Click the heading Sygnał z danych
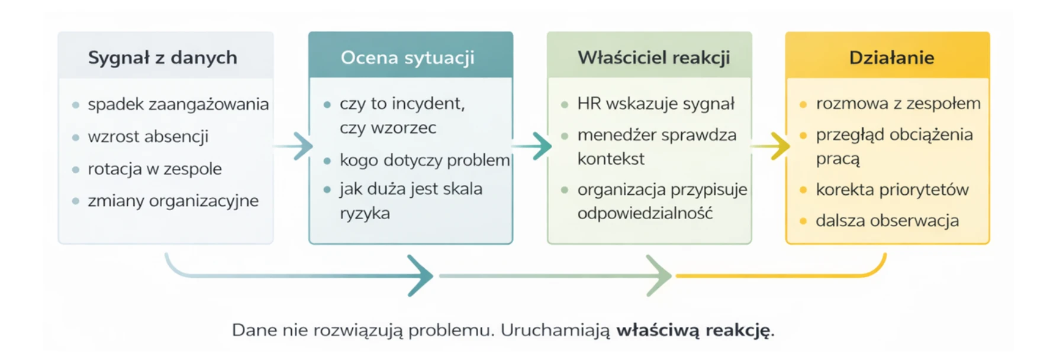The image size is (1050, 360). [x=162, y=57]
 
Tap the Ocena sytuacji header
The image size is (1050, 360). [x=407, y=57]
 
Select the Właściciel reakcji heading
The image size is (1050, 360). [x=653, y=57]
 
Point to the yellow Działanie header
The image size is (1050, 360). [x=891, y=57]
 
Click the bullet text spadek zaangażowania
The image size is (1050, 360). [x=178, y=104]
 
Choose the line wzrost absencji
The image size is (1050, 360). [x=148, y=137]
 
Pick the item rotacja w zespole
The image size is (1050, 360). [x=154, y=169]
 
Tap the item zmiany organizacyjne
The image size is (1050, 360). [x=173, y=201]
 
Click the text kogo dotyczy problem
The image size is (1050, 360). [x=424, y=160]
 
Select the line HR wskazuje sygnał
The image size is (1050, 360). [x=656, y=104]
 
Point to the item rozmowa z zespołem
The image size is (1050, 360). [x=898, y=104]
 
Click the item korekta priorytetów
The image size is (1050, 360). [x=892, y=189]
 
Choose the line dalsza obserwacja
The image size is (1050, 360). [x=887, y=221]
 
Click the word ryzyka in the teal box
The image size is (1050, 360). [x=365, y=213]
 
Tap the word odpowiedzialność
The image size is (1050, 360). [x=645, y=213]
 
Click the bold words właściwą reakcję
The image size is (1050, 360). [x=694, y=330]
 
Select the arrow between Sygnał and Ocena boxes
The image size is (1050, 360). [x=294, y=146]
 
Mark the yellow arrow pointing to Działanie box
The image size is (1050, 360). [x=771, y=146]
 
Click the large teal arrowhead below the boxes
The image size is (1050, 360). [x=421, y=276]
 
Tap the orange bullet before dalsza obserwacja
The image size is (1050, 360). [x=803, y=221]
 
